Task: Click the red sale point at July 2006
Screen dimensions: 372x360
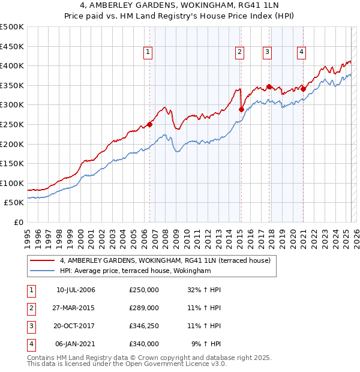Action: pyautogui.click(x=149, y=125)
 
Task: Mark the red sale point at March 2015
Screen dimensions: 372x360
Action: pyautogui.click(x=241, y=109)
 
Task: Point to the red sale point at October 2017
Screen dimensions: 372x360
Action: pyautogui.click(x=269, y=87)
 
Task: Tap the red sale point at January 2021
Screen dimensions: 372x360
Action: pyautogui.click(x=303, y=89)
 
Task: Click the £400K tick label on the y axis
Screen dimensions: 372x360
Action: pyautogui.click(x=11, y=65)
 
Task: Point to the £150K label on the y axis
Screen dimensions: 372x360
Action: pyautogui.click(x=11, y=163)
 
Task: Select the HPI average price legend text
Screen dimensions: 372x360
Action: pyautogui.click(x=136, y=271)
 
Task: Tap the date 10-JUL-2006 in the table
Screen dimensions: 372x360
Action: pyautogui.click(x=76, y=290)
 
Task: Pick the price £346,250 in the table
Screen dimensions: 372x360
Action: pyautogui.click(x=143, y=326)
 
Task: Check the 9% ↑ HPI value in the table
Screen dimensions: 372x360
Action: pyautogui.click(x=206, y=344)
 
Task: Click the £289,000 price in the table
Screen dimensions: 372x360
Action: pyautogui.click(x=143, y=308)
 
